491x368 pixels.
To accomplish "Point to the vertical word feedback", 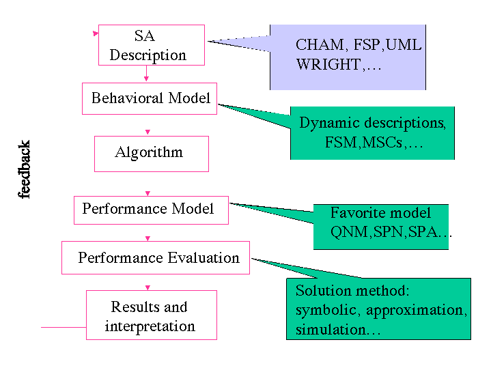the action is pos(24,169).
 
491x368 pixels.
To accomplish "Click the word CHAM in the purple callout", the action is pos(320,45).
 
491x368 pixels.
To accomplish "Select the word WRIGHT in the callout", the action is pos(328,64).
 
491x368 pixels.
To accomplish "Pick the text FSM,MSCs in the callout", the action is pos(363,143).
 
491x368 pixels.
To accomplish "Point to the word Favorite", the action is pos(354,212).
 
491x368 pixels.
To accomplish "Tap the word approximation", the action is pos(415,311).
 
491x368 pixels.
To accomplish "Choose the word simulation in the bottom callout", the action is pos(331,330).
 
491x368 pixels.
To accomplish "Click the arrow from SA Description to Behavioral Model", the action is pos(146,73).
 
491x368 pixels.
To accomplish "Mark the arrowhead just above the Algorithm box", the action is pos(148,132).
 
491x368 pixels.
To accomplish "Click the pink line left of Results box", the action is pos(64,327).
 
